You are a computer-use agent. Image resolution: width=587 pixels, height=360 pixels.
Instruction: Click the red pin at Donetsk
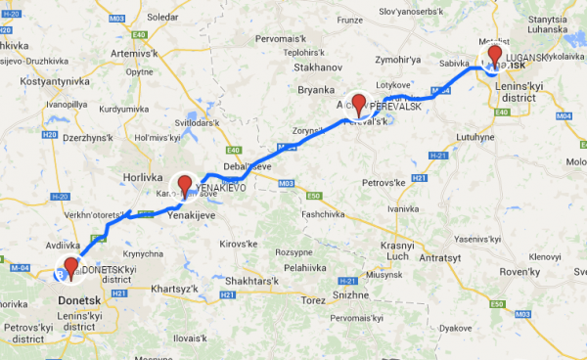tap(69, 266)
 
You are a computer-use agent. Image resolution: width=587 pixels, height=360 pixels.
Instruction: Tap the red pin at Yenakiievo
tap(183, 184)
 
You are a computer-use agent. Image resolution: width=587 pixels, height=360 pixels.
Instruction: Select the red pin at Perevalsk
tap(358, 103)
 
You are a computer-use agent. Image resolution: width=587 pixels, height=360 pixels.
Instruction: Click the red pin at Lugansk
tap(495, 56)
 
